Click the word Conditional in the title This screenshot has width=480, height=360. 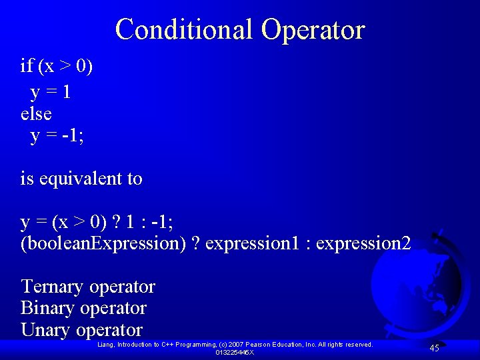184,30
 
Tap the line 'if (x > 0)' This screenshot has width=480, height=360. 57,66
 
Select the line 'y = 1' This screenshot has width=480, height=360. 51,92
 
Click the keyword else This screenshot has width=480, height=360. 36,114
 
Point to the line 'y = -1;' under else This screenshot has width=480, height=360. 57,136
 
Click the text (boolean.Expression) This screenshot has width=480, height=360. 103,243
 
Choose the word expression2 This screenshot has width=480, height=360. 363,243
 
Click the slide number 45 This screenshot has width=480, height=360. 434,348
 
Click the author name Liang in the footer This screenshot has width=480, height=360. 106,345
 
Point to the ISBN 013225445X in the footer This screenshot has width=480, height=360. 235,352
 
